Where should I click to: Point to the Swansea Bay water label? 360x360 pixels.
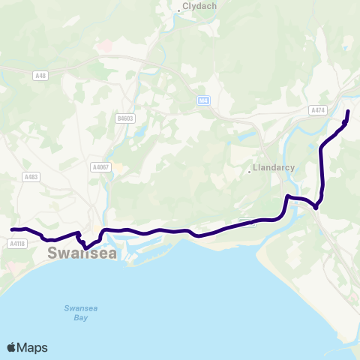coord(76,313)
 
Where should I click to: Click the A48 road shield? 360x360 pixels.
coord(40,75)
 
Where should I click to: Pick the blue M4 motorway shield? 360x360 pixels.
coord(203,100)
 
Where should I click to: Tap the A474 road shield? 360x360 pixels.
coord(317,110)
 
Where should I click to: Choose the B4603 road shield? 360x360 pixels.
coord(125,118)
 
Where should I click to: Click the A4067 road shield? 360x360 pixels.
coord(100,166)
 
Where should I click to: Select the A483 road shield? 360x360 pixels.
coord(31,177)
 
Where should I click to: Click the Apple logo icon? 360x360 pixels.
coord(12,347)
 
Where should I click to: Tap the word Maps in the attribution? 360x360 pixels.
coord(32,347)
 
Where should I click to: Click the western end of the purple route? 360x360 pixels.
coord(11,229)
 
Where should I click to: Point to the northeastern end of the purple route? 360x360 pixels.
coord(349,111)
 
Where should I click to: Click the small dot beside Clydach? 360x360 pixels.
coord(178,10)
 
